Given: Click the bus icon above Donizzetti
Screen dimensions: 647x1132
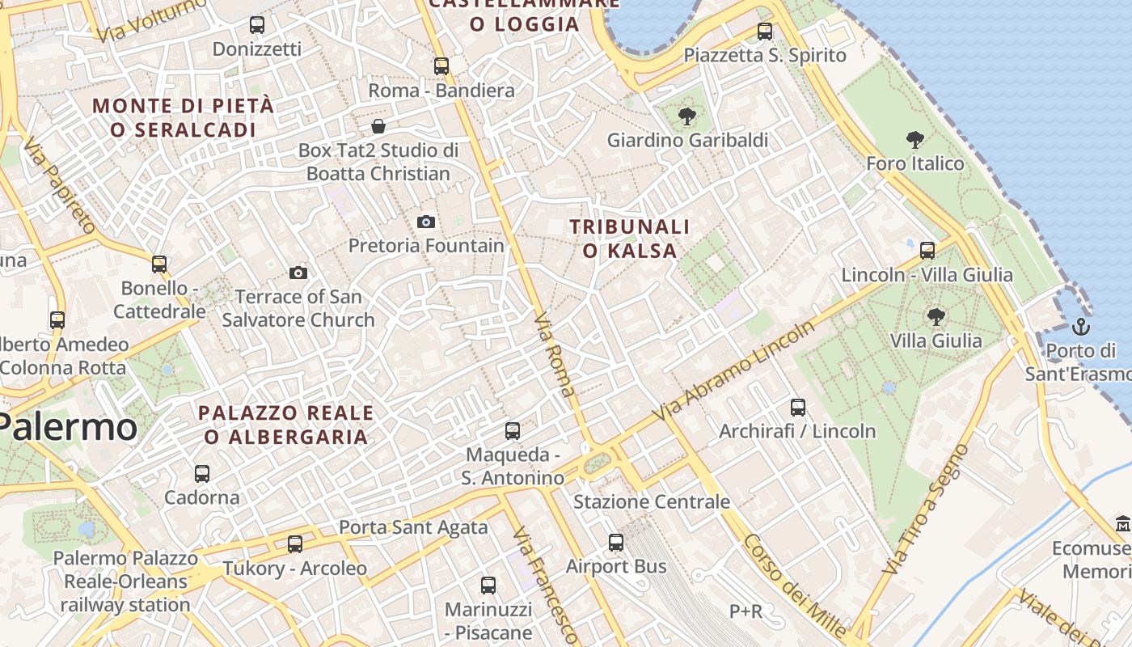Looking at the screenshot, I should coord(257,25).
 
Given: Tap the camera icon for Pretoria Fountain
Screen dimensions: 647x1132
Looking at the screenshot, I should coord(426,222).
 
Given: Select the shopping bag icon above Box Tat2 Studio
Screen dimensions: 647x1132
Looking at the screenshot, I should coord(378,126).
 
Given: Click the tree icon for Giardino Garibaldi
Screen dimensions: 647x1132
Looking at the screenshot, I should coord(687,116).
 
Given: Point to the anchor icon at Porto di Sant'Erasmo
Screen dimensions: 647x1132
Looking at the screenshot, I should coord(1081,328).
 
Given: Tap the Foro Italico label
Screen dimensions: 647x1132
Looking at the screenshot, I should coord(914,163).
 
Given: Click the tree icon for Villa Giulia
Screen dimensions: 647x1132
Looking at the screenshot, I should coord(936,316).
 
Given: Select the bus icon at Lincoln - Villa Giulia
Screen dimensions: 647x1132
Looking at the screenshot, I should coord(927,250).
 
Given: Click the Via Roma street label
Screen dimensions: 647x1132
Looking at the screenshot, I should coord(556,354).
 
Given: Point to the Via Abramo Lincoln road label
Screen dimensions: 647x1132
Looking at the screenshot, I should coord(735,370).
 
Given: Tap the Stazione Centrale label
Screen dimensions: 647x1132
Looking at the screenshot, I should coord(652,502).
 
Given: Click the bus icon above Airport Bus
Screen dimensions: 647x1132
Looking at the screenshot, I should coord(616,543).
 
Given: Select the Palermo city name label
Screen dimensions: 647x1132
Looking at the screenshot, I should coord(69,426).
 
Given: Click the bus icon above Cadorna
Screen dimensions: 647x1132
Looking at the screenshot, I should coord(202,474).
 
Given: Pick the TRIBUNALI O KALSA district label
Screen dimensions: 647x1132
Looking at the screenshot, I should coord(630,239).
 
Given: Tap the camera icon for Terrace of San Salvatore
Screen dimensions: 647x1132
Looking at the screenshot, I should coord(298,273).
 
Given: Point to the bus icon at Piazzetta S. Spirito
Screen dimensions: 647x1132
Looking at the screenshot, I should coord(765,32).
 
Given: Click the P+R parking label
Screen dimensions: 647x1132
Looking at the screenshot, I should coord(746,611).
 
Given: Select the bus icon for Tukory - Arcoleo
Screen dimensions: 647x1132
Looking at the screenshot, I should coord(295,544).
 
